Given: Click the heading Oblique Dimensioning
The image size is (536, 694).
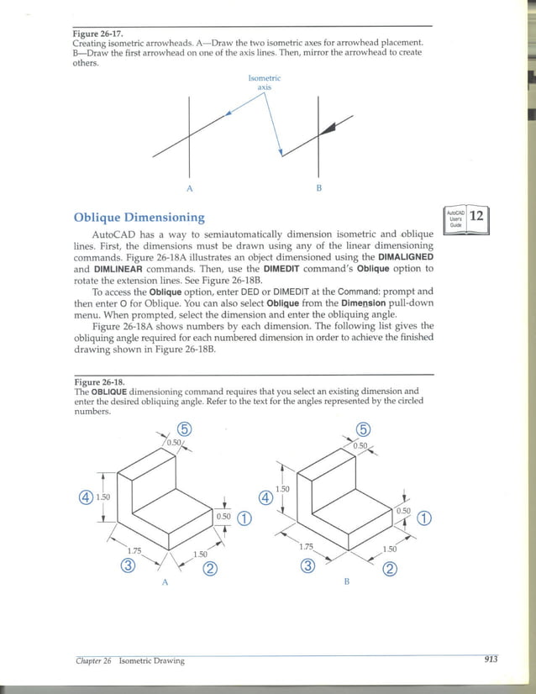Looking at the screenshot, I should (x=139, y=218).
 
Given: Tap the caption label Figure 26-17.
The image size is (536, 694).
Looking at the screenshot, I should (x=99, y=34).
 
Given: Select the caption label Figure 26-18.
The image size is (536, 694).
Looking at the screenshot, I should (x=99, y=381).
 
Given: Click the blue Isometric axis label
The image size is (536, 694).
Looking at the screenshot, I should (x=265, y=81).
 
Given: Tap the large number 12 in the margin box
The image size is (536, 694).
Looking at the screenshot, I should (x=477, y=215).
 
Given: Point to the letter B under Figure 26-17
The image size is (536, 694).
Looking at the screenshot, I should (x=319, y=187).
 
